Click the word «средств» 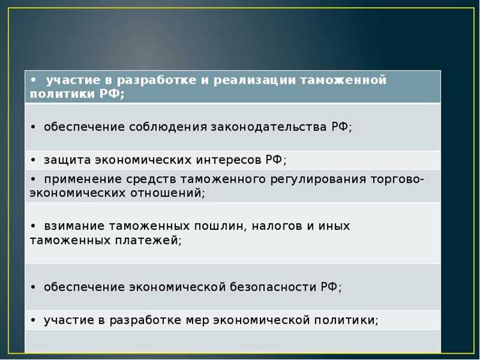tap(151, 179)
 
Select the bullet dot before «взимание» tap(33, 227)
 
